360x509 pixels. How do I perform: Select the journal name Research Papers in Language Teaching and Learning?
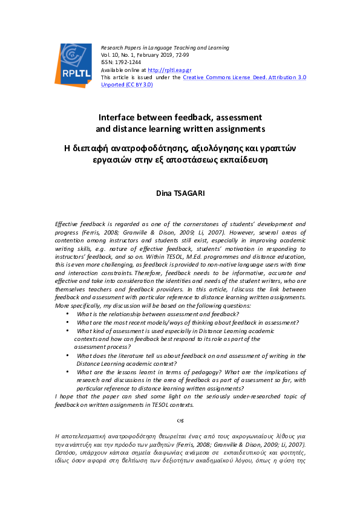(x=165, y=47)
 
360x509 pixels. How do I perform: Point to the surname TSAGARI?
(x=190, y=193)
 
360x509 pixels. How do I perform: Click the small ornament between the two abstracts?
(x=180, y=418)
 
